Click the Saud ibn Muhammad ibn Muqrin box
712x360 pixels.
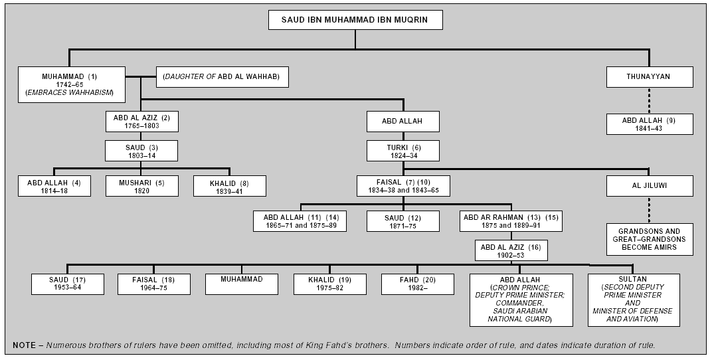(355, 20)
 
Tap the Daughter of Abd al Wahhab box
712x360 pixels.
(222, 77)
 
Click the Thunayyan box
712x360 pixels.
(650, 77)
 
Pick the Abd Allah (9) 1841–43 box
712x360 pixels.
(650, 124)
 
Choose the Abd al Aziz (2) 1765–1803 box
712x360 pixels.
(141, 121)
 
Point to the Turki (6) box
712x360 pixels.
(402, 151)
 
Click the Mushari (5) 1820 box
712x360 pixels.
(141, 186)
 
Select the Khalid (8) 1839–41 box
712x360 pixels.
(229, 186)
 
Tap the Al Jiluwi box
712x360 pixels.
(650, 186)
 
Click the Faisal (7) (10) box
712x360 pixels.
(403, 186)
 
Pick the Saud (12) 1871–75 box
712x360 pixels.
(402, 221)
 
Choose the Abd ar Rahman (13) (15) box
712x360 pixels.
(511, 221)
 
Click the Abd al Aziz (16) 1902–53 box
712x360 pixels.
(511, 250)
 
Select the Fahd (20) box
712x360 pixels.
(417, 284)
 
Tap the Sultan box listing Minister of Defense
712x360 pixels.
(634, 300)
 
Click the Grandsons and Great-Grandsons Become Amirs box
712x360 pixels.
(650, 239)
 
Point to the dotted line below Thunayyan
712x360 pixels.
(650, 100)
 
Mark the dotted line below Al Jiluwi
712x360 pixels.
(650, 210)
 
